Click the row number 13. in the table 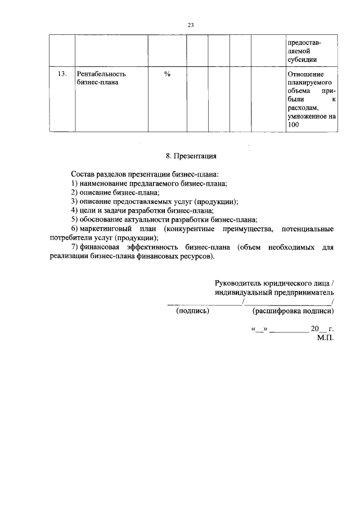click(x=62, y=74)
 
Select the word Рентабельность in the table click(x=101, y=74)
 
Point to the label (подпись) click(x=192, y=310)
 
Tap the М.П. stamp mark click(x=326, y=339)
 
